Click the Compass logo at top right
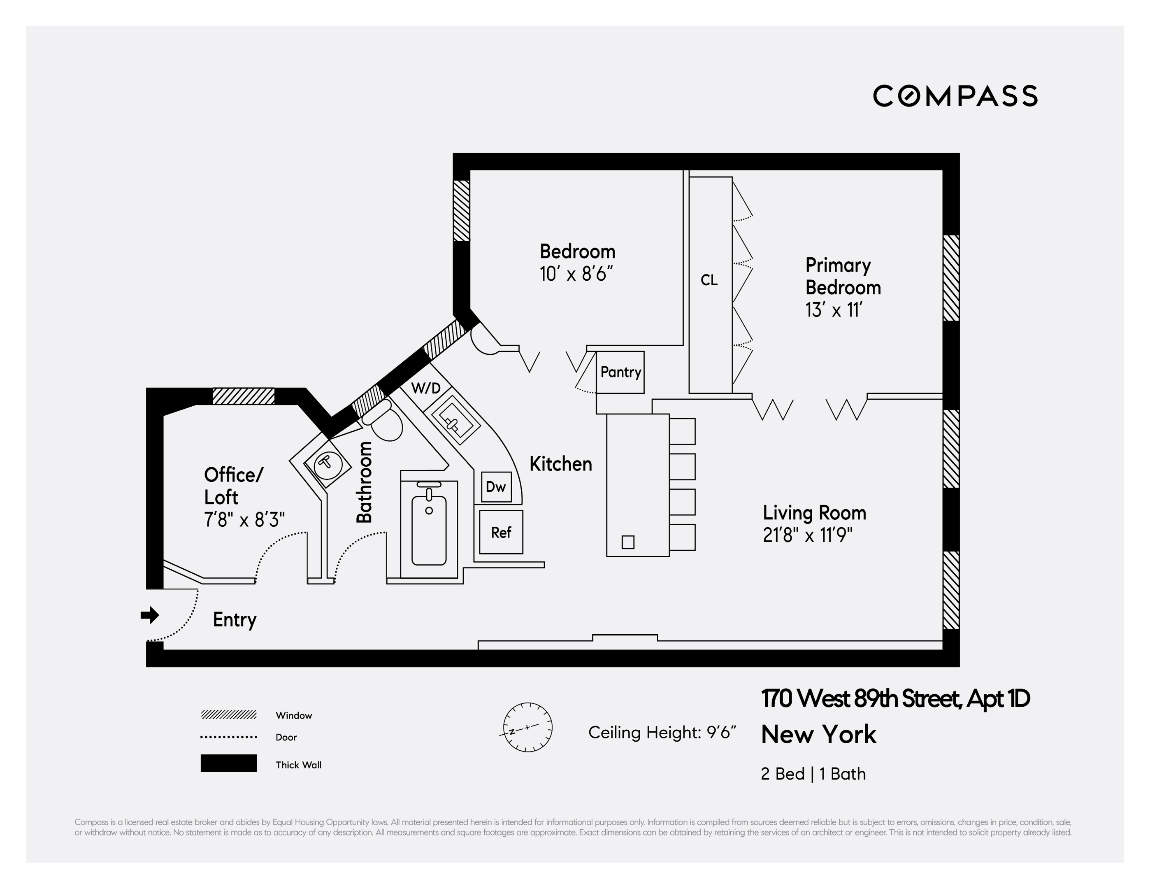[x=955, y=96]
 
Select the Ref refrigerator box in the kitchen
[x=501, y=533]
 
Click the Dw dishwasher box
[x=495, y=486]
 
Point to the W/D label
[x=425, y=389]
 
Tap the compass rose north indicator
[x=527, y=727]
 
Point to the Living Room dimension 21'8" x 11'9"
[x=808, y=535]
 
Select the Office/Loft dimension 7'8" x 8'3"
[x=244, y=520]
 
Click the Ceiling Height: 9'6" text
[x=662, y=733]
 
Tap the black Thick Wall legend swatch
[x=228, y=763]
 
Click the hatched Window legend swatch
[x=228, y=714]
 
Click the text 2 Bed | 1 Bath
[x=813, y=774]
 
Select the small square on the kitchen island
[x=627, y=542]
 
